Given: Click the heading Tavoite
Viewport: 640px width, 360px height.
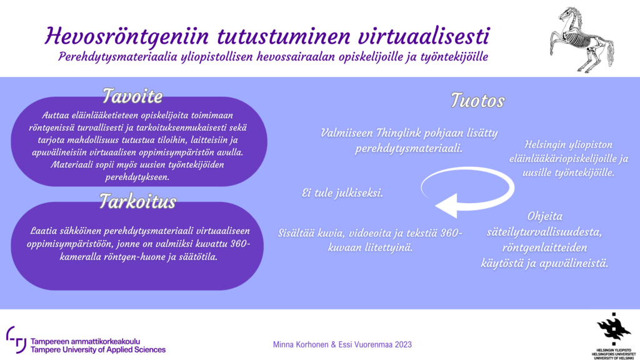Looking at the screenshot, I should click(132, 96).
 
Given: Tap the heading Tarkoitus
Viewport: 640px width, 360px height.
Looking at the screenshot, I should click(137, 201).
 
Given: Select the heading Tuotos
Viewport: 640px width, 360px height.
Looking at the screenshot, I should click(477, 101).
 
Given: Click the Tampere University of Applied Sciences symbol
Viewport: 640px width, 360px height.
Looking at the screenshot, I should click(17, 339).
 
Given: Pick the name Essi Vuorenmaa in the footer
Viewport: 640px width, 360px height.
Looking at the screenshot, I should click(365, 344).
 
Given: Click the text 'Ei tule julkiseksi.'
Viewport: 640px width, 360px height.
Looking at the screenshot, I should click(342, 193).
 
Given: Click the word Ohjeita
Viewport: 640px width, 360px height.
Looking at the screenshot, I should click(545, 216).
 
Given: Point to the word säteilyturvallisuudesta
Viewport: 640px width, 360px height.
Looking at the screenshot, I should click(544, 232).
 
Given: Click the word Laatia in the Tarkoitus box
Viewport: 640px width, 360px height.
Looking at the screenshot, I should click(45, 231).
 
